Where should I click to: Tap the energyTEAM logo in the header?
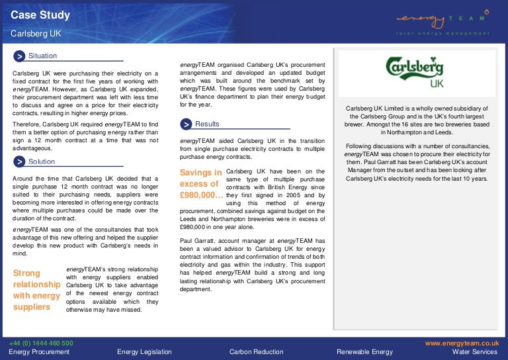click(443, 21)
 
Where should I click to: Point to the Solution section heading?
click(42, 161)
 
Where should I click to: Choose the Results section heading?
click(207, 124)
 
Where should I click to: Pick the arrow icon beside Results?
click(187, 124)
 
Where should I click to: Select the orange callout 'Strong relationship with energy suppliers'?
click(37, 290)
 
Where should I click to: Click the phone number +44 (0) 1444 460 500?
click(41, 343)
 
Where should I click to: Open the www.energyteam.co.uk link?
click(461, 343)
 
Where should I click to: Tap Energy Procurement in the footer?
click(39, 352)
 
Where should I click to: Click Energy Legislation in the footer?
click(144, 352)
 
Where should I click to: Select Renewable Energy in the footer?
click(364, 352)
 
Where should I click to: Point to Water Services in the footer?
click(475, 352)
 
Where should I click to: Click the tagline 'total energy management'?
click(443, 33)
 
